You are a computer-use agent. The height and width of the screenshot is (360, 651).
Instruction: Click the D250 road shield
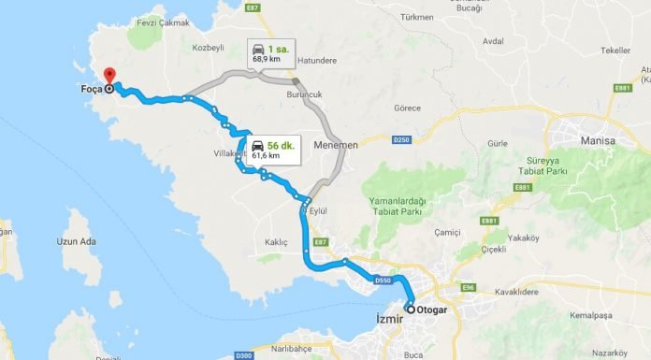pos(400,140)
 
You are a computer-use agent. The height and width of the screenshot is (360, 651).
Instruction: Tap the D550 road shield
pos(382,280)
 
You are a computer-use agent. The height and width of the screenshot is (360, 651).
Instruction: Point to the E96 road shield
pos(468,287)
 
